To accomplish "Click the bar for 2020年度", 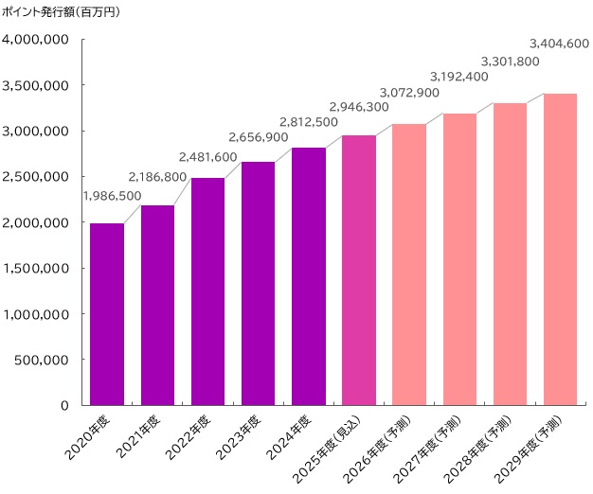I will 107,313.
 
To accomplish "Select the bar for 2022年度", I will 207,291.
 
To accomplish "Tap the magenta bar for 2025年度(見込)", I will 359,270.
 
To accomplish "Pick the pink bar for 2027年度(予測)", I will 459,258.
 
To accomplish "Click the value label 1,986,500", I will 113,196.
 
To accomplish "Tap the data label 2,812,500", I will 309,122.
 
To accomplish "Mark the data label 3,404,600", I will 559,44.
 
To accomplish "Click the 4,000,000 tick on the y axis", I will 35,40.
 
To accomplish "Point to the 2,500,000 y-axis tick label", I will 35,177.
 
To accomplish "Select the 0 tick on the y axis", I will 64,405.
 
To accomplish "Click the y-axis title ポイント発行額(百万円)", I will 62,12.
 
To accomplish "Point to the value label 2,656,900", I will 259,137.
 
